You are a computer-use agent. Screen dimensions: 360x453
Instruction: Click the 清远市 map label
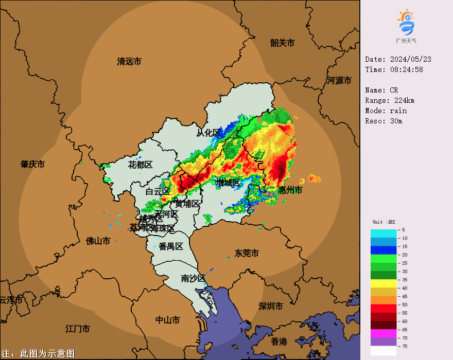click(x=129, y=62)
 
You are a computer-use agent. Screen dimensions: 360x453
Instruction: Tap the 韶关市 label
click(x=282, y=43)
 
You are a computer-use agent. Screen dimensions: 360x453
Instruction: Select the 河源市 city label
click(x=340, y=81)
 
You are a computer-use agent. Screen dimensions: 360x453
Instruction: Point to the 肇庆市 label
click(x=32, y=165)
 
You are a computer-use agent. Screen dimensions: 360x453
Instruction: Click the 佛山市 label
click(x=98, y=241)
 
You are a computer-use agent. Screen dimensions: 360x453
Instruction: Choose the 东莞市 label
click(x=247, y=253)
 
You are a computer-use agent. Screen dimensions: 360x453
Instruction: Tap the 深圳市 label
click(x=271, y=307)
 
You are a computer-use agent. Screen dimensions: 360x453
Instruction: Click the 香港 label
click(x=279, y=341)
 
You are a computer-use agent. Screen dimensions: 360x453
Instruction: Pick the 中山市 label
click(x=168, y=320)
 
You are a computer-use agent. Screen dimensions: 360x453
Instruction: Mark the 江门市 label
click(x=78, y=329)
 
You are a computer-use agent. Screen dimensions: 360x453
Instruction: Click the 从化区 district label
click(x=208, y=133)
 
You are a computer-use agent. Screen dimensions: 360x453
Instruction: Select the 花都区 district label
click(x=141, y=165)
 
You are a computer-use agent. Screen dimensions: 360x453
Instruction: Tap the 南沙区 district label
click(x=193, y=278)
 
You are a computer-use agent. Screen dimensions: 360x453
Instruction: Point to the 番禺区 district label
click(x=171, y=246)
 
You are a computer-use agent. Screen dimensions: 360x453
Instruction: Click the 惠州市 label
click(x=290, y=190)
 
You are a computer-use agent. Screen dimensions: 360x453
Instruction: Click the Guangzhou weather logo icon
click(x=406, y=23)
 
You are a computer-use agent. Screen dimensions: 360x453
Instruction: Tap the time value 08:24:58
click(x=406, y=69)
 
